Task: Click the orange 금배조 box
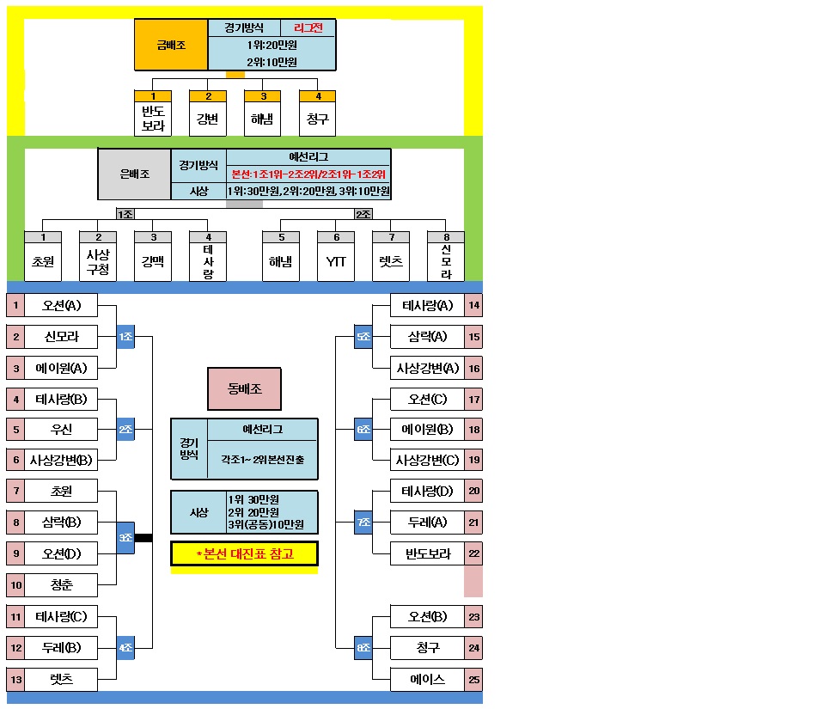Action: [171, 45]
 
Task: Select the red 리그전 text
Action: [308, 28]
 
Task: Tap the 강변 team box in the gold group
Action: [207, 119]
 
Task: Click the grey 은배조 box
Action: [134, 174]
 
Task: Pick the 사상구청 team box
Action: [98, 261]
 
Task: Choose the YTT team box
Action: [336, 261]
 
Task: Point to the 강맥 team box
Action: [153, 261]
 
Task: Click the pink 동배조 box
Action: [245, 388]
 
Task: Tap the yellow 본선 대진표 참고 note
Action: [244, 553]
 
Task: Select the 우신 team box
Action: [61, 429]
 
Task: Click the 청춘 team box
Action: [61, 585]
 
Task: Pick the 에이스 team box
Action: [427, 679]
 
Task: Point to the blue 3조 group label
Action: [125, 538]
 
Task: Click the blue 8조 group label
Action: [363, 648]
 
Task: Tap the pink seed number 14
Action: [473, 305]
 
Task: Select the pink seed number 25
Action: [473, 679]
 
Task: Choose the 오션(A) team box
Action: [61, 305]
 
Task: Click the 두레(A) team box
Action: [427, 523]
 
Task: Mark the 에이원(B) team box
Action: [427, 429]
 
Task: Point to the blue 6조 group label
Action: [363, 429]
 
